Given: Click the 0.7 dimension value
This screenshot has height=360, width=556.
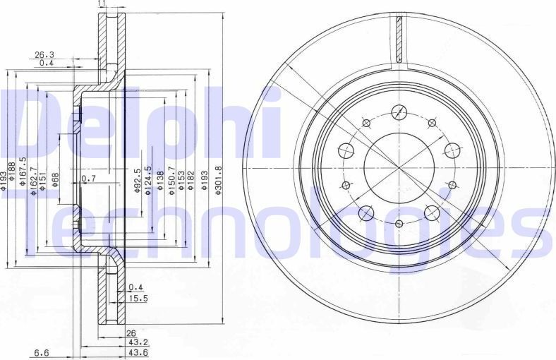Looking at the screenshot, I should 87,178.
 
